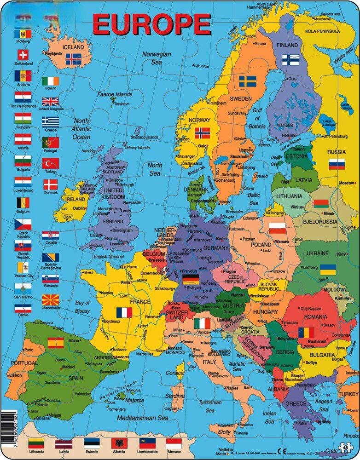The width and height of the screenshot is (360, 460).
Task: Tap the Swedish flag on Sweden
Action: [x=247, y=81]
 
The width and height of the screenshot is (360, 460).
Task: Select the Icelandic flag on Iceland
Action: [x=73, y=59]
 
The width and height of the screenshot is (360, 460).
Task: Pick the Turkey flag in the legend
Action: [x=51, y=163]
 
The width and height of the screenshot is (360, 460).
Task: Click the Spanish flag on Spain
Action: [x=56, y=343]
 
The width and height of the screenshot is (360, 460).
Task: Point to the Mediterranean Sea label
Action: [x=142, y=418]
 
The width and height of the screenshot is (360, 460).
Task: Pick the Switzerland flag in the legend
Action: [x=23, y=55]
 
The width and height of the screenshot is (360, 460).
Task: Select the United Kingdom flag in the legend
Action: [x=51, y=102]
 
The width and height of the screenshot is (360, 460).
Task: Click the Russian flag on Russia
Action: [x=337, y=163]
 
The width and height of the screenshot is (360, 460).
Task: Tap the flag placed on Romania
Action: [x=306, y=332]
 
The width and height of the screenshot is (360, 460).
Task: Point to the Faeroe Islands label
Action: [x=115, y=95]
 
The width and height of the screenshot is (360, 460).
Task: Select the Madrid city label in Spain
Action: [x=68, y=367]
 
